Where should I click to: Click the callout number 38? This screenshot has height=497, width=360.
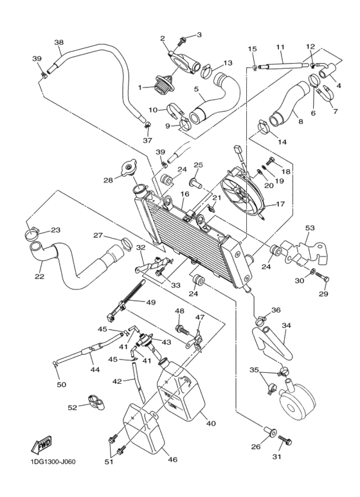(x=59, y=43)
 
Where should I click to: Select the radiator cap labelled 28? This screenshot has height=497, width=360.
(x=131, y=169)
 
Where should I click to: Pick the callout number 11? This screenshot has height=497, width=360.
(x=280, y=47)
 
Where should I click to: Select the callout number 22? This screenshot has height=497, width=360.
(x=39, y=277)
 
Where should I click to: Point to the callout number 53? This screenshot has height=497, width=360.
(x=310, y=228)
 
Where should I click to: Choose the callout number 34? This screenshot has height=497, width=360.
(x=287, y=325)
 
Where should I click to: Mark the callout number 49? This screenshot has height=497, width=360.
(x=151, y=302)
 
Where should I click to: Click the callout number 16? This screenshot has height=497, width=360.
(x=184, y=194)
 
